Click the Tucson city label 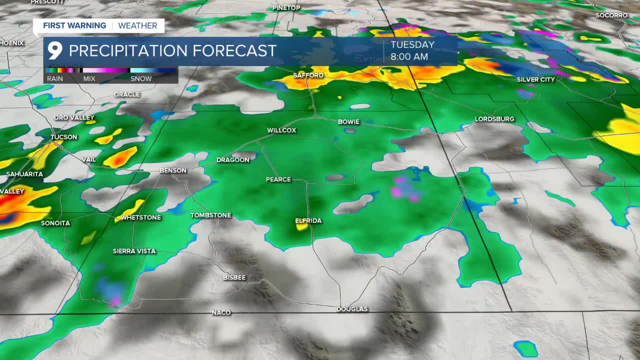64,137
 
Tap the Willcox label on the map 281,130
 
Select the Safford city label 308,75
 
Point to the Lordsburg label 494,119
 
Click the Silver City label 536,79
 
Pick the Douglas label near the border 352,309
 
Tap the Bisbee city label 234,277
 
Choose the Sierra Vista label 134,251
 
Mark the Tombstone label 211,215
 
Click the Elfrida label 308,220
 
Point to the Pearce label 278,179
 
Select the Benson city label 173,170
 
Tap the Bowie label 348,122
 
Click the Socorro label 611,15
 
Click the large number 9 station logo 54,51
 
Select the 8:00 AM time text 409,57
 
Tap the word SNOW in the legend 141,78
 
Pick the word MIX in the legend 89,78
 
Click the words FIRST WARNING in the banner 74,25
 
